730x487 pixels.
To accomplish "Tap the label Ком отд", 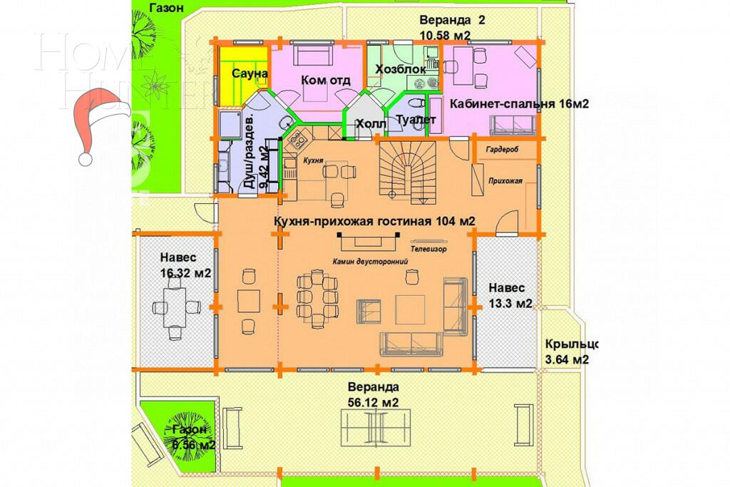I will click(x=325, y=80).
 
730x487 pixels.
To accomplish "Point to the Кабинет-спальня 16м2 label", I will click(x=518, y=103).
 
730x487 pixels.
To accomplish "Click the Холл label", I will click(x=370, y=124).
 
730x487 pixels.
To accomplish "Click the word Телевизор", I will click(x=428, y=250).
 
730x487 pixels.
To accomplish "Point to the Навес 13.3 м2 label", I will click(x=509, y=295).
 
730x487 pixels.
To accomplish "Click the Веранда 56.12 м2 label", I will click(x=372, y=394).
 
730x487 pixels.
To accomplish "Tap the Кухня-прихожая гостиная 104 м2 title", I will click(x=374, y=221).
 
